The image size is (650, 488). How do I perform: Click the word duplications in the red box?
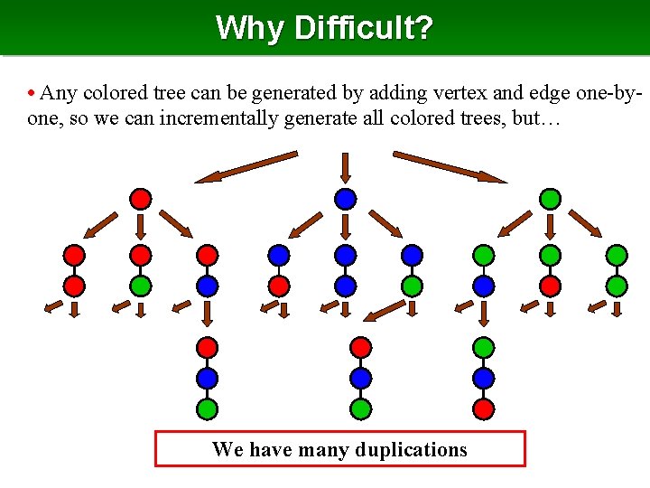pos(411,449)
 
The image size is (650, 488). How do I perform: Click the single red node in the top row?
pos(140,199)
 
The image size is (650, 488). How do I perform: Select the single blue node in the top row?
pos(345,199)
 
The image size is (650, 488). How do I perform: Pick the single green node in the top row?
pos(550,199)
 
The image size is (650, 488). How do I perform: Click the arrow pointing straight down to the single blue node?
pos(345,167)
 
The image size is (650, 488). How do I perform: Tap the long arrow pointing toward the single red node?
pos(246,167)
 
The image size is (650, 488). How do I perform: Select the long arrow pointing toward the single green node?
pos(450,166)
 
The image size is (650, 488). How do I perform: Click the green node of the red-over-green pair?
pos(140,286)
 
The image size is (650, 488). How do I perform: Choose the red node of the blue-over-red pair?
pos(279,286)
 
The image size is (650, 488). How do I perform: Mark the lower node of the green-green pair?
pos(616,286)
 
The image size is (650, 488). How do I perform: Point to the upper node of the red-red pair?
pos(74,256)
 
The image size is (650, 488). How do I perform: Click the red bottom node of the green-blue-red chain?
pos(484,408)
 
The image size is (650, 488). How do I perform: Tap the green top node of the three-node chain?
pos(484,347)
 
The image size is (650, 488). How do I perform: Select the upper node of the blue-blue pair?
pos(345,256)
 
